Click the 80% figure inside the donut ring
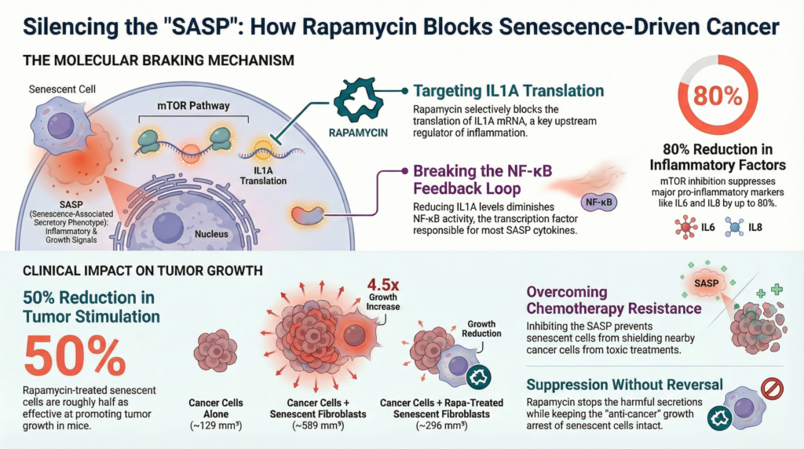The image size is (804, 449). [x=716, y=97]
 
